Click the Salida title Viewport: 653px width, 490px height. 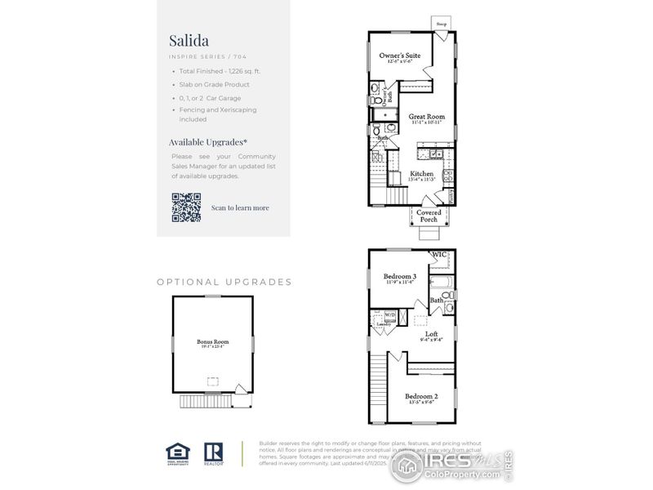pos(189,40)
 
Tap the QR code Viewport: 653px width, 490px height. pos(186,207)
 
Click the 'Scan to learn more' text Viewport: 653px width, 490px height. pos(240,207)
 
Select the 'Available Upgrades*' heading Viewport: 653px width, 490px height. pos(207,141)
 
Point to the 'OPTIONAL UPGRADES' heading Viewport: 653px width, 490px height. pos(224,282)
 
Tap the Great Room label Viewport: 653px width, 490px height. pos(427,118)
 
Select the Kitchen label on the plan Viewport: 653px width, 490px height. pos(422,174)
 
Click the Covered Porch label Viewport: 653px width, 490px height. pos(429,216)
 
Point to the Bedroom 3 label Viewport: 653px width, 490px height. pos(400,277)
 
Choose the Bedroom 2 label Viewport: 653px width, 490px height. pos(422,397)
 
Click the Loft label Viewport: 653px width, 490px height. pos(430,334)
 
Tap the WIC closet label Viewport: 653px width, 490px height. pos(439,255)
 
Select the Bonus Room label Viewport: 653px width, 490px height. pos(212,342)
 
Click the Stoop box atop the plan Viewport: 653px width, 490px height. pos(442,24)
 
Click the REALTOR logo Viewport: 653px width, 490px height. pos(214,452)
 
